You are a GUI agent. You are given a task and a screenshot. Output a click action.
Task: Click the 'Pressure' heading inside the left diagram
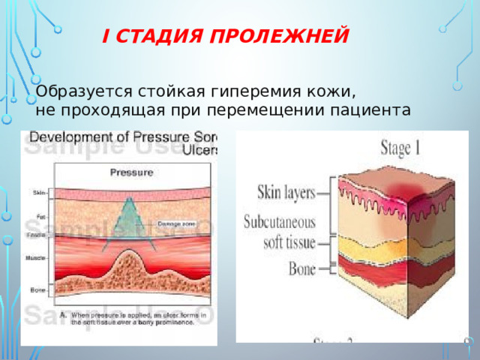(x=132, y=172)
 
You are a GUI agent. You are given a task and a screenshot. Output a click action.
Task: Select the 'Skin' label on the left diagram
(x=39, y=193)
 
